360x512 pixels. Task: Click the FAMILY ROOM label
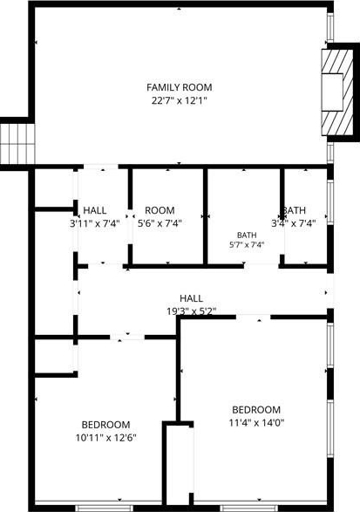tap(180, 87)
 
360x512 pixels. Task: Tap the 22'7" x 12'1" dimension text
tap(180, 100)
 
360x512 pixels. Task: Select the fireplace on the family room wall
tap(337, 92)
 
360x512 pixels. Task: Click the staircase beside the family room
tap(17, 144)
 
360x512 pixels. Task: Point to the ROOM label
tap(160, 210)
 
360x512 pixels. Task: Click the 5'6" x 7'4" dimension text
tap(160, 223)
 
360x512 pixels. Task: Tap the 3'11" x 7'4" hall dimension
tap(95, 223)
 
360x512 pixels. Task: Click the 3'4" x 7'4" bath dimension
tap(294, 223)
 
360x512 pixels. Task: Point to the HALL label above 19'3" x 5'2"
tap(191, 298)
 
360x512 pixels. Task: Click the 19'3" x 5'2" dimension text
tap(191, 311)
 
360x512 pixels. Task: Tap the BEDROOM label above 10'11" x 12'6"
tap(105, 425)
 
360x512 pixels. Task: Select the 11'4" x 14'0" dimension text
tap(256, 423)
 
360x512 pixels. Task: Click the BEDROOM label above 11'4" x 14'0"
tap(256, 409)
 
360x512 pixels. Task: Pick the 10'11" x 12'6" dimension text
tap(105, 438)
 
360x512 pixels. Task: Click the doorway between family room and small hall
tap(101, 167)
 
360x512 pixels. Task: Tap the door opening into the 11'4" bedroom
tap(254, 317)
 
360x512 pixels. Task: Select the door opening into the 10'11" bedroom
tap(127, 337)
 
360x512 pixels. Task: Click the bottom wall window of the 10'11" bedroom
tap(105, 509)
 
